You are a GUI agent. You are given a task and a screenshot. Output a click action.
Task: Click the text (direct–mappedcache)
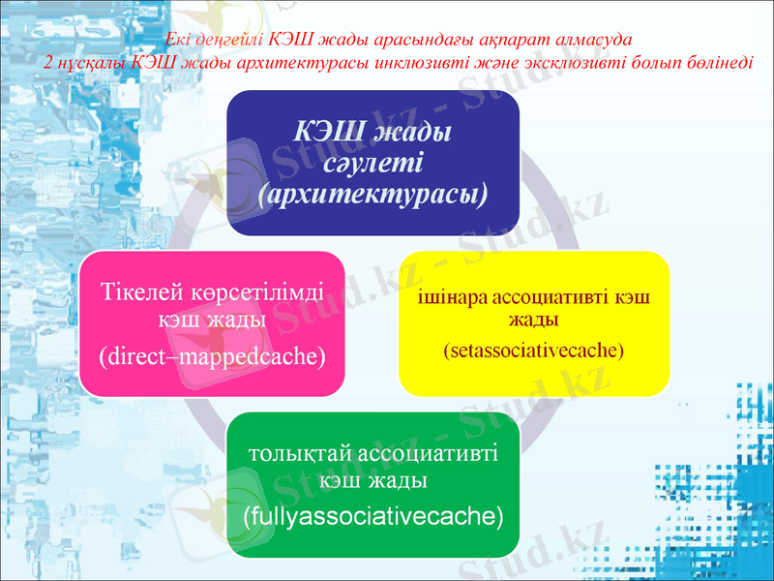click(x=212, y=356)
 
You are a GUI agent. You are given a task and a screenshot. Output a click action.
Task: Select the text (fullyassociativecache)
click(x=373, y=514)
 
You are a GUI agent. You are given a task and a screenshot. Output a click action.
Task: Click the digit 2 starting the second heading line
click(x=48, y=60)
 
